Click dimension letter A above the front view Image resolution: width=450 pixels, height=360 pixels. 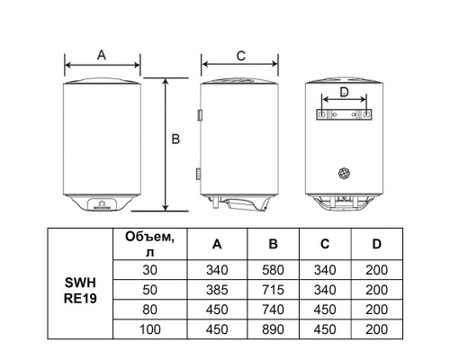click(x=102, y=55)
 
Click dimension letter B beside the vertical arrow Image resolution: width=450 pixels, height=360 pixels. click(x=175, y=139)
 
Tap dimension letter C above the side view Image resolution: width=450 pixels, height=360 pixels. click(x=241, y=56)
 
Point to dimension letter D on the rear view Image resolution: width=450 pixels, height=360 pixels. click(x=344, y=92)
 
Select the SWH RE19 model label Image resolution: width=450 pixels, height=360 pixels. click(x=80, y=291)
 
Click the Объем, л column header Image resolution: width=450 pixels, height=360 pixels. click(x=149, y=244)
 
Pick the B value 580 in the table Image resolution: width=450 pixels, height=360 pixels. click(x=273, y=270)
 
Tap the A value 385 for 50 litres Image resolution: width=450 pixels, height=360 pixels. click(x=217, y=290)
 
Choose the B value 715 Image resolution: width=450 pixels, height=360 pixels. click(x=273, y=290)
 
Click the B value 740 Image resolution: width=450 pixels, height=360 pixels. click(x=273, y=310)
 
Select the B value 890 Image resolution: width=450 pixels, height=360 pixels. click(x=273, y=329)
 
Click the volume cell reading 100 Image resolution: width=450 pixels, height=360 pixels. click(x=150, y=329)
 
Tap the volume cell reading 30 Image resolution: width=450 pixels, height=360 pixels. click(x=150, y=270)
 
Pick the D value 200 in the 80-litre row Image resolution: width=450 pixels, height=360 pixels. click(x=377, y=310)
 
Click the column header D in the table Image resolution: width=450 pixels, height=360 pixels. click(x=377, y=244)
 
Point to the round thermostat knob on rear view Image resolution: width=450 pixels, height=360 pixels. click(x=345, y=173)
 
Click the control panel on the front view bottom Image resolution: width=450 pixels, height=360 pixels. click(x=99, y=204)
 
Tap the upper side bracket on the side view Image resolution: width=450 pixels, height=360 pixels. click(x=200, y=115)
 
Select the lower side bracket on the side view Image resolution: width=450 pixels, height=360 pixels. click(x=199, y=174)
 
